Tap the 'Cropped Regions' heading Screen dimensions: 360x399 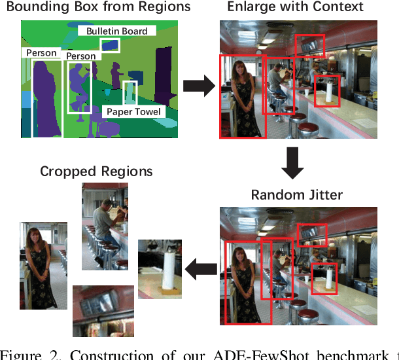tap(96, 171)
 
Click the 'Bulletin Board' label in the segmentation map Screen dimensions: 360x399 tap(117, 31)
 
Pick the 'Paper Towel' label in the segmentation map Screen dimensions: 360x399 tap(133, 112)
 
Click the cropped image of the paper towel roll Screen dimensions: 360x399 tap(160, 269)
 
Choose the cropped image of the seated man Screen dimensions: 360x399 tap(104, 226)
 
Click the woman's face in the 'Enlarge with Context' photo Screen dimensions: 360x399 tap(239, 67)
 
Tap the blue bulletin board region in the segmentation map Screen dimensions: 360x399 tap(111, 45)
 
